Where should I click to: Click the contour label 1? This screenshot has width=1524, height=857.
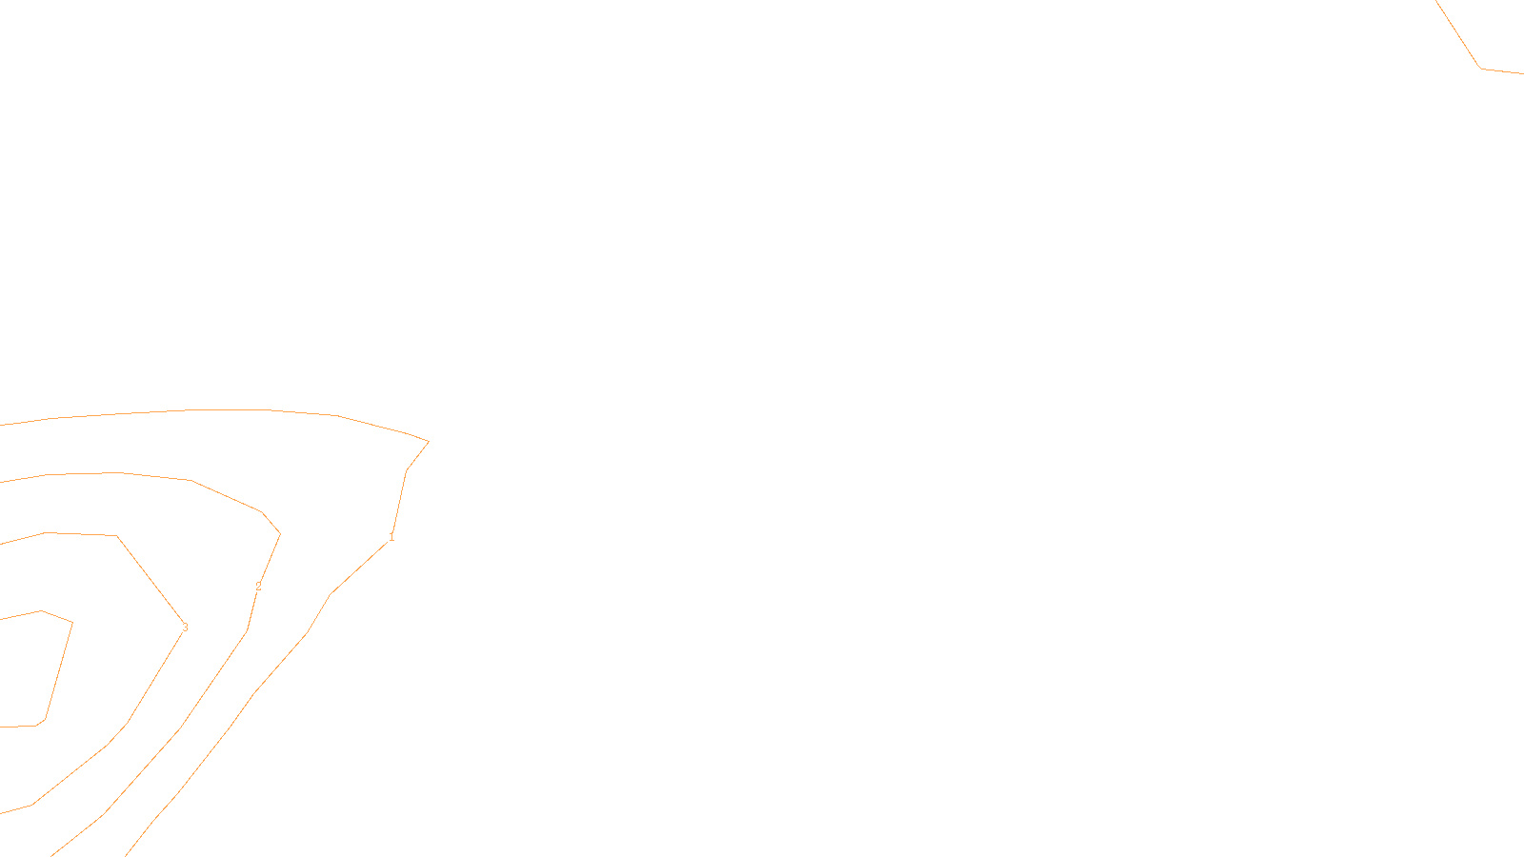(391, 537)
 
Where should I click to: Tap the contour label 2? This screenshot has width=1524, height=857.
(258, 587)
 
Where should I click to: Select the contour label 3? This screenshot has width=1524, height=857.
(185, 628)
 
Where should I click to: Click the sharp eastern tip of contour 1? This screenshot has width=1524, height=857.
(429, 441)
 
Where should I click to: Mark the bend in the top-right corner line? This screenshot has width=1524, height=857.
(1481, 68)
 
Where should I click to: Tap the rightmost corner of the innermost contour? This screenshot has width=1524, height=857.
(72, 623)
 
